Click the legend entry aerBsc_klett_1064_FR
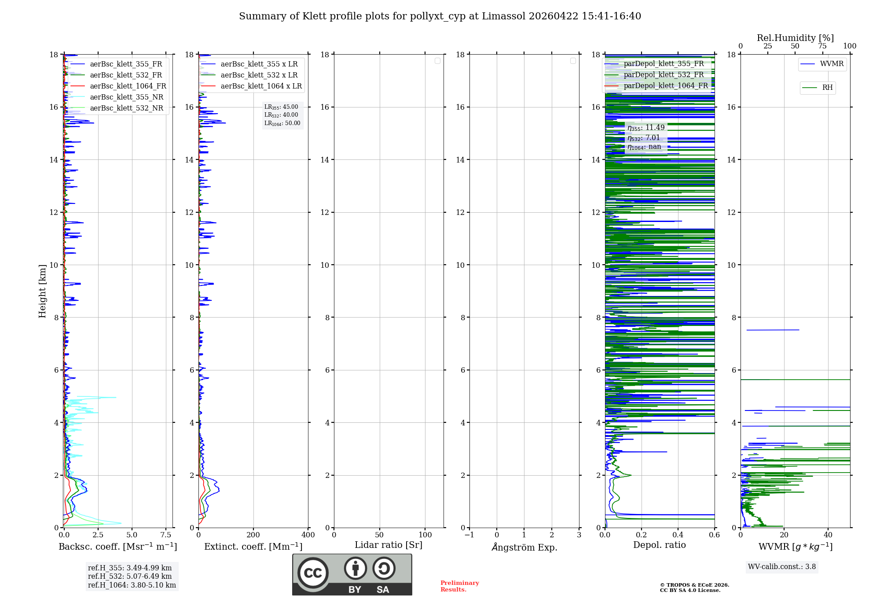click(x=128, y=86)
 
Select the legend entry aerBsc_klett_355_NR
click(x=126, y=97)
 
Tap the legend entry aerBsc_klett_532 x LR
click(x=259, y=75)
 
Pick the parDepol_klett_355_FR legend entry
click(x=664, y=64)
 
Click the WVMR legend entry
click(x=832, y=64)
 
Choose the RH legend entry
click(x=827, y=88)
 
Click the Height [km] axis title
click(x=42, y=291)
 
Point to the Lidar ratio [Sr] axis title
click(x=389, y=545)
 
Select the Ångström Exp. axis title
click(x=524, y=547)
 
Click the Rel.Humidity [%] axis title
click(x=795, y=38)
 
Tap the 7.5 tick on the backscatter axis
click(x=166, y=535)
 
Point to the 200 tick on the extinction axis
click(x=253, y=535)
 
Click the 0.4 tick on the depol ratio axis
click(x=678, y=535)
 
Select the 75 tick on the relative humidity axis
click(x=822, y=46)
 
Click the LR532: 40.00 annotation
click(x=281, y=115)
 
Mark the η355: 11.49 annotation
click(x=646, y=128)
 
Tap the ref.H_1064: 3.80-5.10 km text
click(x=132, y=585)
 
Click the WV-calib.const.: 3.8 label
click(x=782, y=567)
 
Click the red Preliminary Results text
click(x=459, y=586)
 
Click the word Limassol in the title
click(x=503, y=16)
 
